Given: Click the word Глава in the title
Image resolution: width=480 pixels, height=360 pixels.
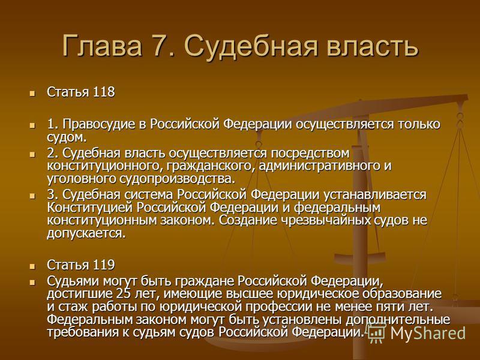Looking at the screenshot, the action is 102,46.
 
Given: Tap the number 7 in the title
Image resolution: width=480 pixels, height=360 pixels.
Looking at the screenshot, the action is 160,46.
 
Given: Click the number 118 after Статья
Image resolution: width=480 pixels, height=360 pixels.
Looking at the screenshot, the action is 104,92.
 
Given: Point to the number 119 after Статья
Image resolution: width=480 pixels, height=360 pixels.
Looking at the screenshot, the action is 104,265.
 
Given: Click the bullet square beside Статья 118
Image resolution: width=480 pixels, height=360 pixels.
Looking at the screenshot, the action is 32,93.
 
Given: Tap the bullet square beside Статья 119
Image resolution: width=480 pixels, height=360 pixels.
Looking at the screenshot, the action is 32,266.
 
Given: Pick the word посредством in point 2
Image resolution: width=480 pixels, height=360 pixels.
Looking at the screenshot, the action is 309,153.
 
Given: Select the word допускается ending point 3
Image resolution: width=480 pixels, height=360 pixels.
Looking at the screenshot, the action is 86,233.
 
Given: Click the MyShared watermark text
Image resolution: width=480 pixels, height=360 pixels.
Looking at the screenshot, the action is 427,333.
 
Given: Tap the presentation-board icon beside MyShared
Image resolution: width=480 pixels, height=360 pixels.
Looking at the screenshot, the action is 377,332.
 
